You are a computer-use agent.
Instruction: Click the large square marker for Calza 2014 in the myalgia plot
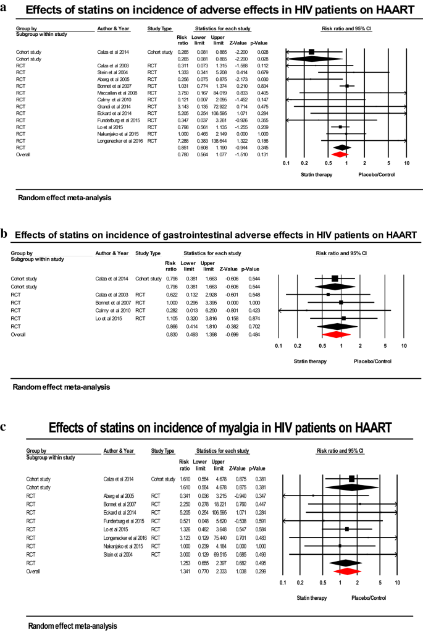pos(352,479)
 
